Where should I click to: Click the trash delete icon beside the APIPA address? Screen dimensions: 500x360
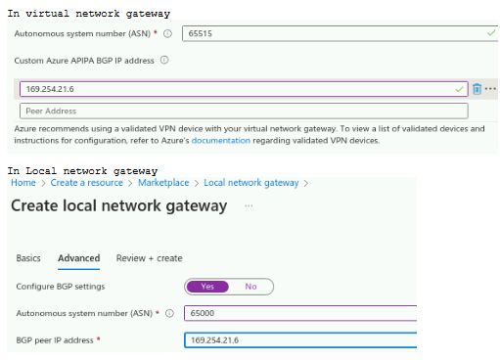pos(477,89)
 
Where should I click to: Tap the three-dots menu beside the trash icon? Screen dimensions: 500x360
pos(490,89)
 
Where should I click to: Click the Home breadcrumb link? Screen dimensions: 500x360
pos(23,183)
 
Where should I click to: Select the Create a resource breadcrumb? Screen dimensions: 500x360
pos(87,183)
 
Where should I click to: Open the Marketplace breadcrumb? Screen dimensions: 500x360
pos(164,183)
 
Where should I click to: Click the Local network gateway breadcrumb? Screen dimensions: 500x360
pos(250,183)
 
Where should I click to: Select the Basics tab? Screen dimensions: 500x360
pos(29,258)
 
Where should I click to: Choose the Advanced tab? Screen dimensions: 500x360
pos(78,258)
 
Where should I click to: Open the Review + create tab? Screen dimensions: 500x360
pos(150,258)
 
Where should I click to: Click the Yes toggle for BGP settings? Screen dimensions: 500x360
pos(206,287)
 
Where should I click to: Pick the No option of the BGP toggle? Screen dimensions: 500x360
pos(250,287)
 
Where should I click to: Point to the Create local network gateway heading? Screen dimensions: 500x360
pos(118,206)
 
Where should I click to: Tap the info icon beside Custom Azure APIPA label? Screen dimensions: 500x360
pos(164,61)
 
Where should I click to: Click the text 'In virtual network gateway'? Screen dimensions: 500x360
pos(89,14)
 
